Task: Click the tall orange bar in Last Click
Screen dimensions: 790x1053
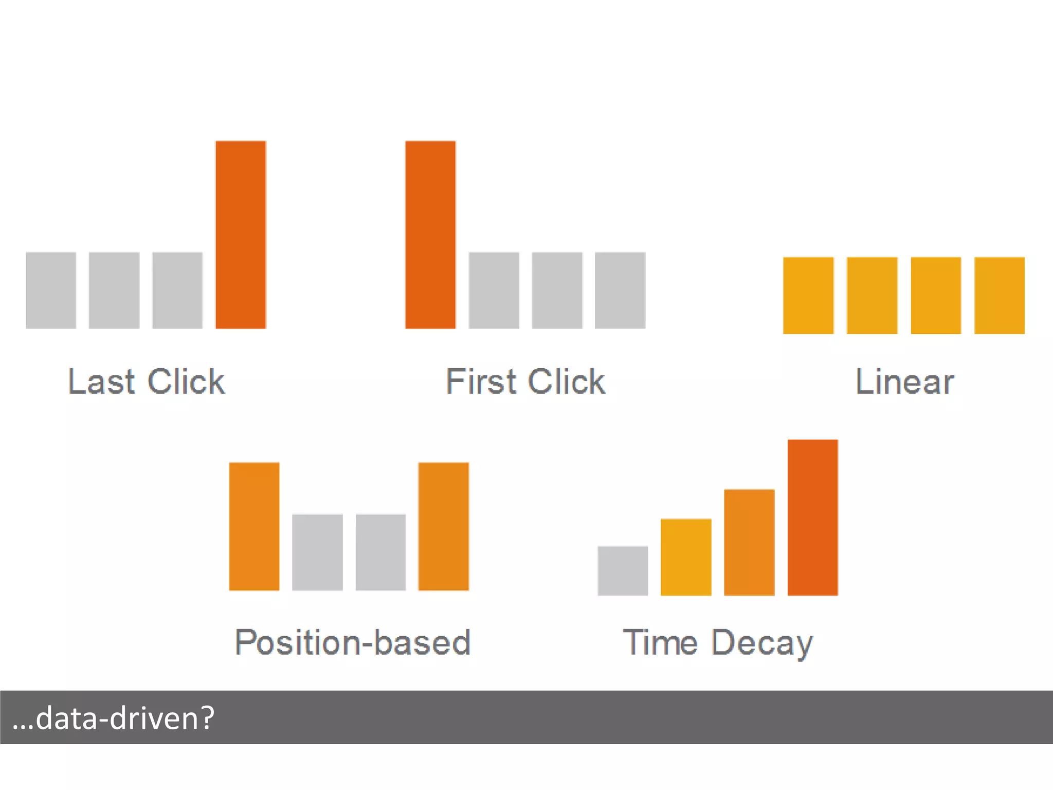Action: coord(241,235)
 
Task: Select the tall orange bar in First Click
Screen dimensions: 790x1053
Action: coord(430,235)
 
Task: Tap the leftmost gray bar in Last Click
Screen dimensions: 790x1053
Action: coord(51,290)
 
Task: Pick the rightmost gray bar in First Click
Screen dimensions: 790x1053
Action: coord(620,290)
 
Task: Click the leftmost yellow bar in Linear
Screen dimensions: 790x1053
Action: coord(808,295)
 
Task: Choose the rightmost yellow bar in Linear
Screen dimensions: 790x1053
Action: coord(1000,295)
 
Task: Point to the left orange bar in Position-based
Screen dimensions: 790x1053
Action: coord(254,526)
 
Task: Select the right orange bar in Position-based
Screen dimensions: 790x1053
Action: coord(444,526)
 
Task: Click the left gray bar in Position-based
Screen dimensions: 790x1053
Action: coord(317,552)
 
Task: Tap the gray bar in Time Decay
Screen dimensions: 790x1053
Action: coord(623,570)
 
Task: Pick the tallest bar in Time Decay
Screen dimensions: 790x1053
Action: coord(813,517)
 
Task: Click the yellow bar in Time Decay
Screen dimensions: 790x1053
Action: coord(686,557)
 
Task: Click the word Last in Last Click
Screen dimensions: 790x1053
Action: coord(101,382)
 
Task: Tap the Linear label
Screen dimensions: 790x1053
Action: coord(904,382)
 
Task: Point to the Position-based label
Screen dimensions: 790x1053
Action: coord(353,642)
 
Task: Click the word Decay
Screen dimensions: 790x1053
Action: coord(762,643)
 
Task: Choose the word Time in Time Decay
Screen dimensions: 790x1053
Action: coord(660,642)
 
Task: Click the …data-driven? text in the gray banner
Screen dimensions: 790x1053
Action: coord(113,717)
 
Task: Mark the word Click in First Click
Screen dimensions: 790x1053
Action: coord(566,382)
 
